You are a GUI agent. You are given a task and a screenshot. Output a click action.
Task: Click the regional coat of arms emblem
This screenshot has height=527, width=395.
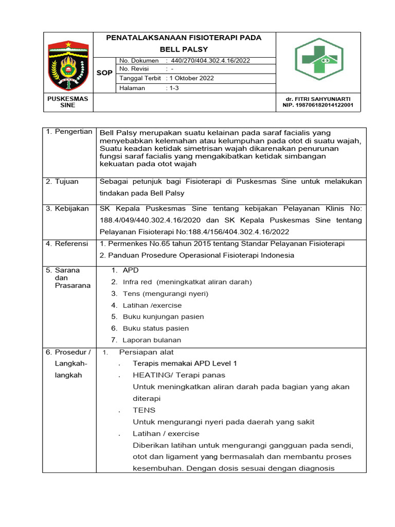(x=68, y=64)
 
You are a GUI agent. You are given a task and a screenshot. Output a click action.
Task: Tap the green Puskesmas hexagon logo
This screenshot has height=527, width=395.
(x=318, y=59)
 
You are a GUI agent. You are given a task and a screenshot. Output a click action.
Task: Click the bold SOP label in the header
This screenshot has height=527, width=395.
(x=104, y=73)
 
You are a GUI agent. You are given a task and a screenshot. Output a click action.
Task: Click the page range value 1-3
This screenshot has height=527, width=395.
(x=173, y=88)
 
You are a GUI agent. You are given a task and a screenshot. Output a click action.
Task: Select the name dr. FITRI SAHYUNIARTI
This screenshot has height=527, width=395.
(x=318, y=98)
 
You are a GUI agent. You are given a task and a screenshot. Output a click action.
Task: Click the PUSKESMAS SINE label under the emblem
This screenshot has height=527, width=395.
(x=67, y=101)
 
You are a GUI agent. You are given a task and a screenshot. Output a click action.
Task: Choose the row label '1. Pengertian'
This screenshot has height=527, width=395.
(x=69, y=132)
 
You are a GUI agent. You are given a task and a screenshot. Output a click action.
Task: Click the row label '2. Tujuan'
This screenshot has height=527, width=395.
(x=63, y=182)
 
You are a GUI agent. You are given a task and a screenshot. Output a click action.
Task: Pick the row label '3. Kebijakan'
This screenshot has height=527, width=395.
(x=67, y=208)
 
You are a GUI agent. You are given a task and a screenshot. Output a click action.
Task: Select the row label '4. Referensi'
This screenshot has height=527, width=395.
(x=67, y=243)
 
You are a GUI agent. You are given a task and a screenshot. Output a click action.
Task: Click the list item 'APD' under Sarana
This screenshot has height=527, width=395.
(x=131, y=270)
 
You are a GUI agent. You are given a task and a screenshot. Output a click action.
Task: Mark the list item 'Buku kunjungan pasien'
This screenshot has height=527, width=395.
(x=163, y=317)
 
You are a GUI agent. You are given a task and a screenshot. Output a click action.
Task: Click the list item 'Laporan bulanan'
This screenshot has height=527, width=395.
(x=152, y=340)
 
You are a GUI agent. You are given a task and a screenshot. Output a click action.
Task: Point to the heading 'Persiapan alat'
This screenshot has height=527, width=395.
(x=147, y=352)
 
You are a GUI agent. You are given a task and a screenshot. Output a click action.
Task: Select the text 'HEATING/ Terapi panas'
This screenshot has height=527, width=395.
(x=179, y=375)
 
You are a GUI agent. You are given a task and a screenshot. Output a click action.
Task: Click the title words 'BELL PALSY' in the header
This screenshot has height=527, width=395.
(x=184, y=49)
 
